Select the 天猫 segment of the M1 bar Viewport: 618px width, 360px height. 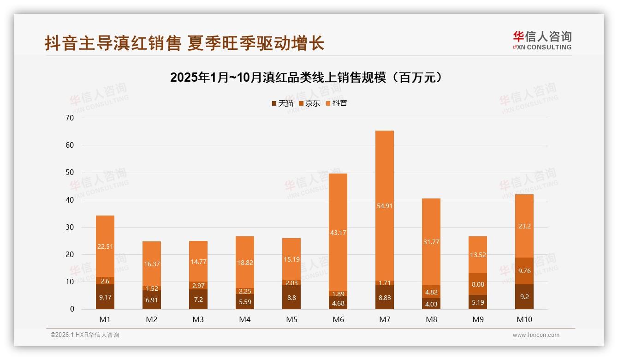pyautogui.click(x=105, y=297)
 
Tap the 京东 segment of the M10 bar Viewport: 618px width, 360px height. pyautogui.click(x=524, y=271)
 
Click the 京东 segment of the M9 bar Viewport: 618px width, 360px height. pyautogui.click(x=477, y=284)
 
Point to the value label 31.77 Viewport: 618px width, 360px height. pyautogui.click(x=431, y=241)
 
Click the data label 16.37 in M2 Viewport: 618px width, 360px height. pyautogui.click(x=152, y=264)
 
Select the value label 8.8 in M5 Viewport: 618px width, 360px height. pyautogui.click(x=291, y=298)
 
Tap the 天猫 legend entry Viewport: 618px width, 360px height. pyautogui.click(x=282, y=103)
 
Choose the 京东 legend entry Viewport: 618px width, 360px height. pyautogui.click(x=309, y=103)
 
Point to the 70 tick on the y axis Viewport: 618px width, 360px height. pyautogui.click(x=70, y=118)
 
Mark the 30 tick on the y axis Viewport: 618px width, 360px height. pyautogui.click(x=70, y=227)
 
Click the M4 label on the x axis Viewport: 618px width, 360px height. pyautogui.click(x=245, y=319)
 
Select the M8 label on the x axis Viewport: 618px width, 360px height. pyautogui.click(x=431, y=319)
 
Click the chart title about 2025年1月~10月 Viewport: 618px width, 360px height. pyautogui.click(x=309, y=78)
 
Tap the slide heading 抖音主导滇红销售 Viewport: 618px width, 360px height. pyautogui.click(x=184, y=43)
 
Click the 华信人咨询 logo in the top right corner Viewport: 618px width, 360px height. pyautogui.click(x=542, y=40)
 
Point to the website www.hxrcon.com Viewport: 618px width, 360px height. pyautogui.click(x=536, y=335)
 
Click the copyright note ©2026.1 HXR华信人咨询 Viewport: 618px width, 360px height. pyautogui.click(x=85, y=335)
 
